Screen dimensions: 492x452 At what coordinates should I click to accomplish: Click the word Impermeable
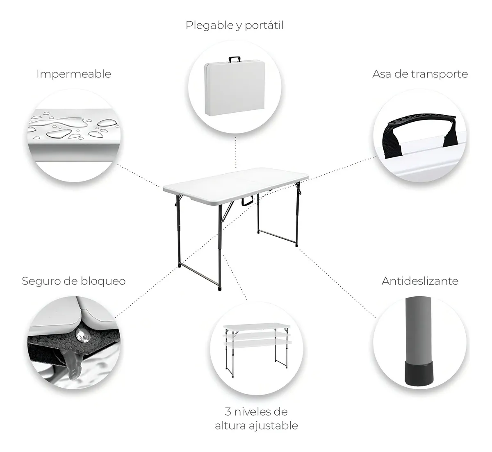74,74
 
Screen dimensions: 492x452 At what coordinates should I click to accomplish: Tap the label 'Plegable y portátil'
235,25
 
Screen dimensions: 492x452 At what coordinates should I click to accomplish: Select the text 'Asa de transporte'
420,74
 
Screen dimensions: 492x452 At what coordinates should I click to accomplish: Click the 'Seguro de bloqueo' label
73,281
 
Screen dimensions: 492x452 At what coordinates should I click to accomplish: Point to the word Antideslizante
420,281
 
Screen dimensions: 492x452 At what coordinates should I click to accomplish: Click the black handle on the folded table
234,59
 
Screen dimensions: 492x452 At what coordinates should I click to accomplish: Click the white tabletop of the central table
235,181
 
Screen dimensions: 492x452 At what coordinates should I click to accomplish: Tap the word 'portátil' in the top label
264,25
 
